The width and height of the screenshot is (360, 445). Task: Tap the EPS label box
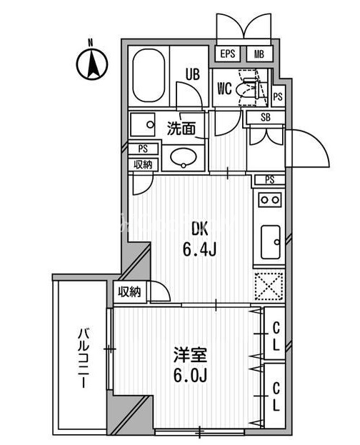click(x=228, y=54)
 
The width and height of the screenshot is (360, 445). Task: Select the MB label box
click(x=259, y=54)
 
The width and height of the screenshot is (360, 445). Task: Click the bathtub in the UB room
click(x=149, y=76)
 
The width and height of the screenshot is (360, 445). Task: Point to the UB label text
click(x=193, y=74)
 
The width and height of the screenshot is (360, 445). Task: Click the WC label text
click(x=224, y=89)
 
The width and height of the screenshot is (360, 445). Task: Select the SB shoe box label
click(x=266, y=117)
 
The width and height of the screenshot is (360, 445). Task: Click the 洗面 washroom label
click(x=181, y=129)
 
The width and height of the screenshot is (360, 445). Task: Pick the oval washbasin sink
click(x=183, y=157)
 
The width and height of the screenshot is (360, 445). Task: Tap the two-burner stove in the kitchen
click(x=270, y=200)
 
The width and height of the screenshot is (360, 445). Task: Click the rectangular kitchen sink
click(x=271, y=242)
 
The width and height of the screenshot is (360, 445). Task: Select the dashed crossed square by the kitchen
click(x=269, y=286)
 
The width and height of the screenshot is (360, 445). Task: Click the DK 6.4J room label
click(x=200, y=239)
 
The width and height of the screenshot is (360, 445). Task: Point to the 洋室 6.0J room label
click(x=190, y=365)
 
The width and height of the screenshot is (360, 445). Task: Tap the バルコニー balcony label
click(x=84, y=358)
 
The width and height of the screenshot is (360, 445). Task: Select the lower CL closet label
click(x=276, y=396)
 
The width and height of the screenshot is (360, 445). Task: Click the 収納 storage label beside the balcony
click(x=129, y=291)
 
